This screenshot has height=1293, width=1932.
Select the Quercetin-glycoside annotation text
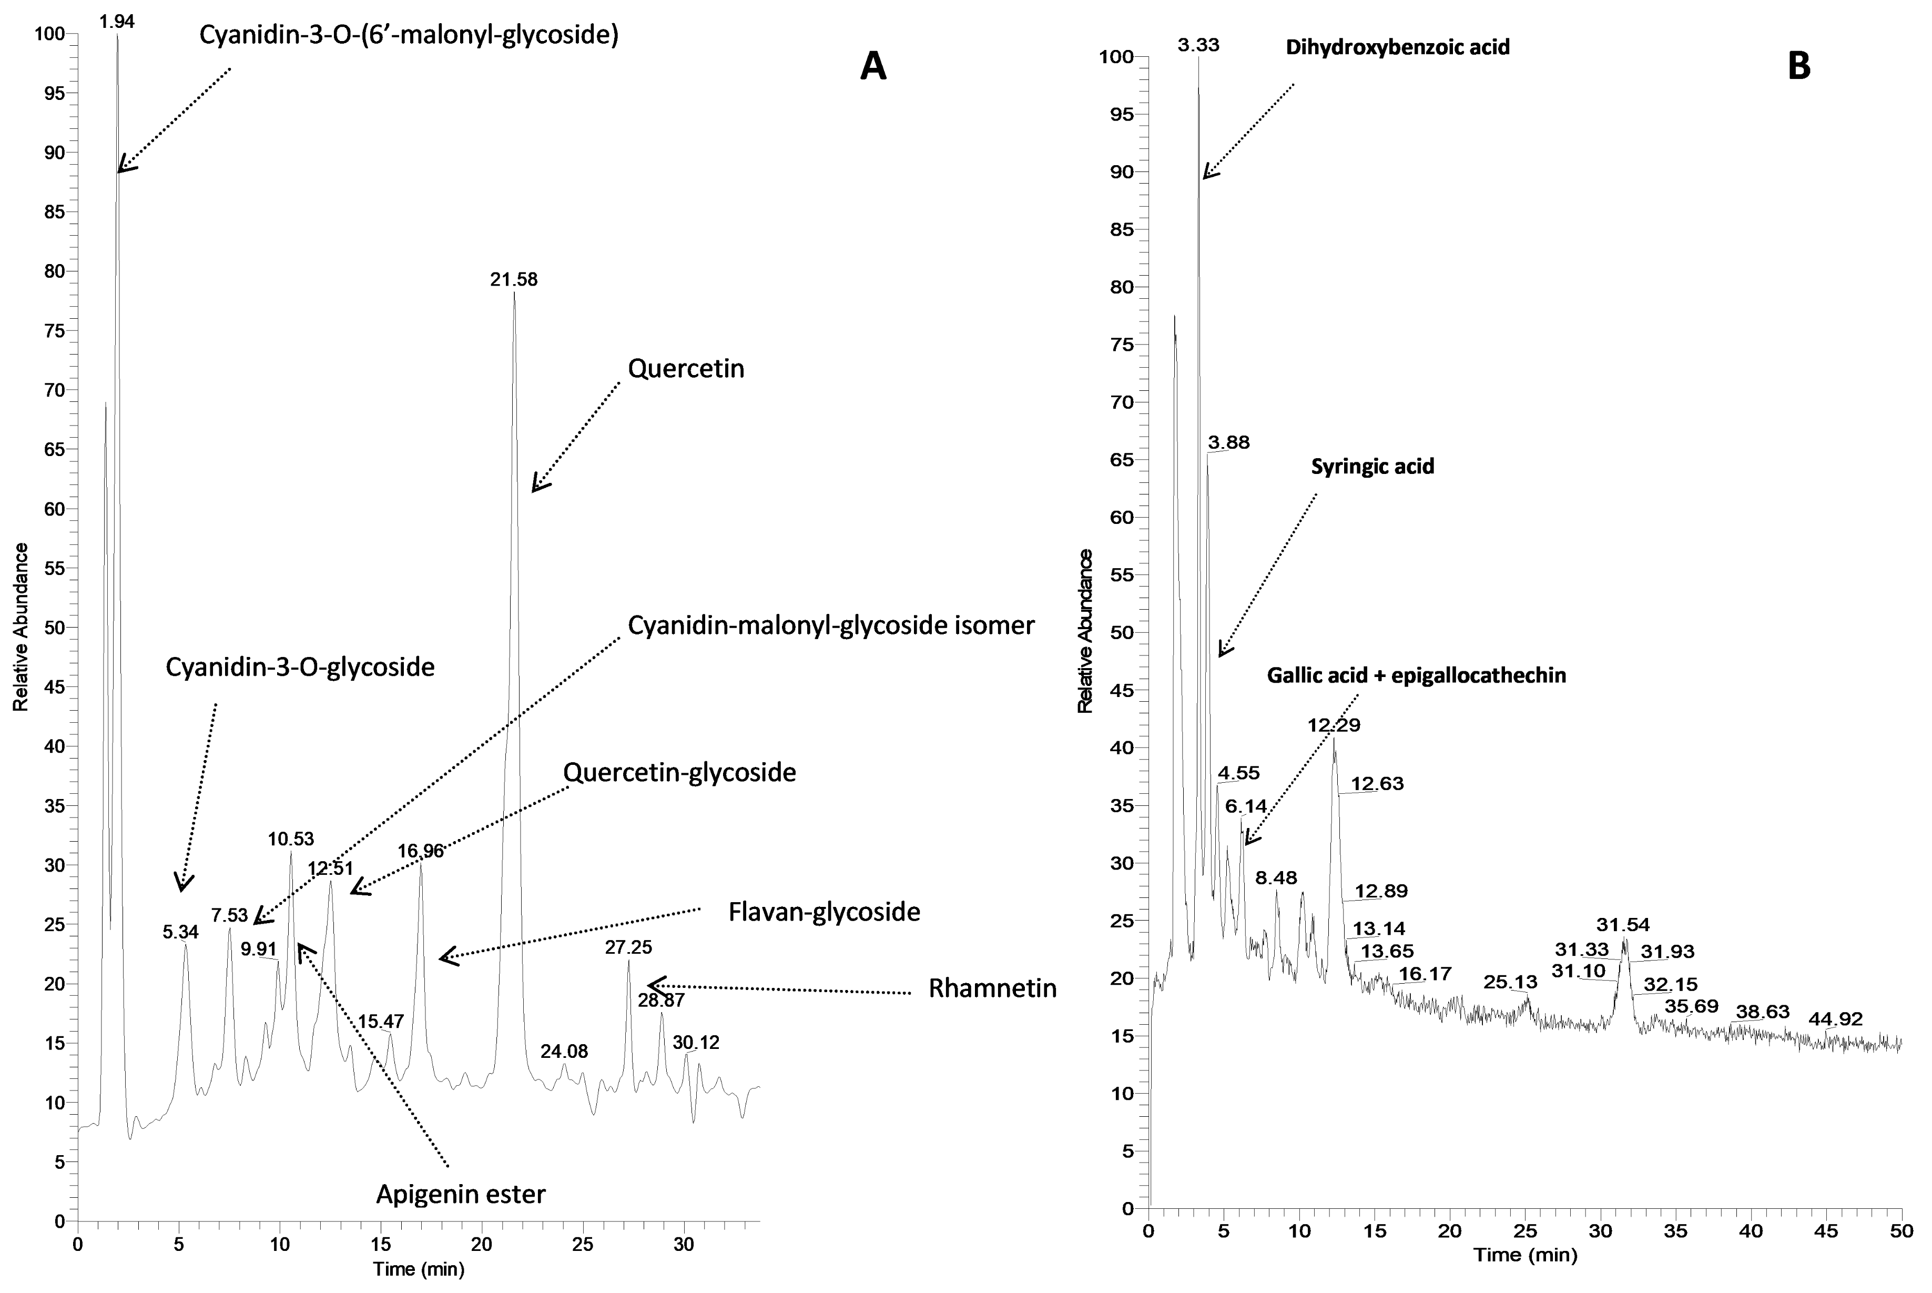click(x=679, y=773)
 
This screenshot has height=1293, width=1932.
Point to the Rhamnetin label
click(x=992, y=988)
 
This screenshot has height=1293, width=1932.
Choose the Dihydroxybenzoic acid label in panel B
click(x=1398, y=47)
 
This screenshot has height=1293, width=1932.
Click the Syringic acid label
click(x=1372, y=466)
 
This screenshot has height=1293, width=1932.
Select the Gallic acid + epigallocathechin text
click(x=1416, y=675)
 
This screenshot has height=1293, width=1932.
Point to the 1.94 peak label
click(x=117, y=21)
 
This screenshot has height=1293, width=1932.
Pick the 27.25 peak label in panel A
click(x=628, y=947)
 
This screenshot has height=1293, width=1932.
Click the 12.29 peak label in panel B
click(x=1334, y=725)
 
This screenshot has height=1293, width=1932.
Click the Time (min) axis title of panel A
click(x=419, y=1269)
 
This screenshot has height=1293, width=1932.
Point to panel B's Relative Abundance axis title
click(x=1085, y=631)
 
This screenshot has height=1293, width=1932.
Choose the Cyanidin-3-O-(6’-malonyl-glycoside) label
click(x=409, y=35)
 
